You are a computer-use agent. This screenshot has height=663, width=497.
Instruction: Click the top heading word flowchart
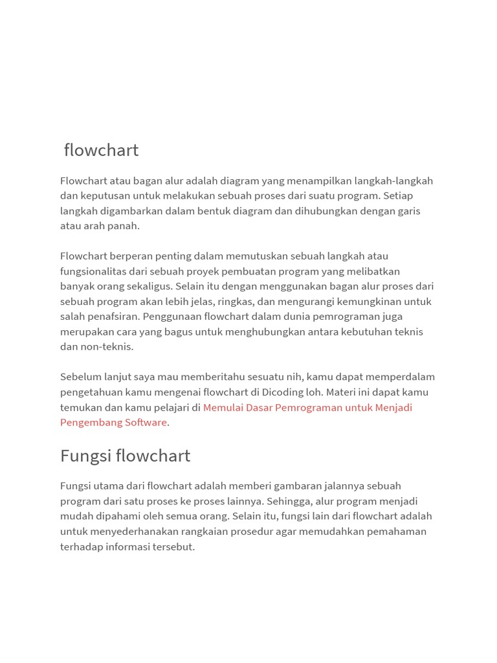coord(101,150)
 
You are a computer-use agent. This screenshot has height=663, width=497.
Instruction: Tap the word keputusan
coord(104,196)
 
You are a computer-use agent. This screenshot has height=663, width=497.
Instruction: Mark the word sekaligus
coord(146,286)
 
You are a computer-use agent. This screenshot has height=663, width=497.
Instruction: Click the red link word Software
coord(146,422)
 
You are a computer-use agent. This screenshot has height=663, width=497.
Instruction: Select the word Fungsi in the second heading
coord(82,456)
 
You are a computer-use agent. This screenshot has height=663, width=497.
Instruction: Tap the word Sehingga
coord(288,501)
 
